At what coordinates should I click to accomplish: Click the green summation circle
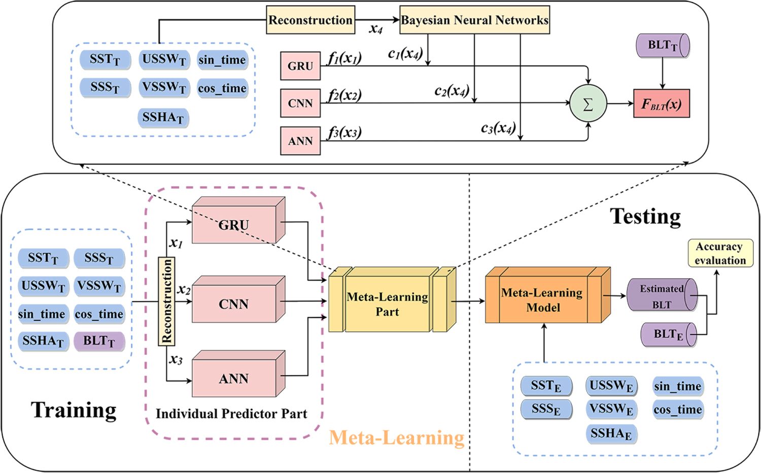point(588,104)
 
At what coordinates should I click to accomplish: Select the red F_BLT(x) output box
point(661,104)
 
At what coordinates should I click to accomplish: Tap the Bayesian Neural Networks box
point(474,20)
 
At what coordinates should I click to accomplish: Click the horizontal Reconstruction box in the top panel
point(310,20)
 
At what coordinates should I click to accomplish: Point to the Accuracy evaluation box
point(720,253)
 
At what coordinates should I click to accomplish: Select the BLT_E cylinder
point(668,334)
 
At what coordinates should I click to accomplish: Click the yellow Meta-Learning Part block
point(388,304)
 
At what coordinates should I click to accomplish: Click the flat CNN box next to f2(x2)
point(300,104)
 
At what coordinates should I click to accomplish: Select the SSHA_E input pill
point(611,434)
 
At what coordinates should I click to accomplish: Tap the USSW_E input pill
point(611,386)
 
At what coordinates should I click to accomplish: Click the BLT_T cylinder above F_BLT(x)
point(662,46)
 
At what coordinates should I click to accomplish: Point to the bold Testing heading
point(645,217)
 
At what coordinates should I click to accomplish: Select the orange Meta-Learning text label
point(397,437)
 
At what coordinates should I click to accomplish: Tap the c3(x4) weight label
point(498,128)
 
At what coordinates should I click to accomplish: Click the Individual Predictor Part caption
point(231,414)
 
